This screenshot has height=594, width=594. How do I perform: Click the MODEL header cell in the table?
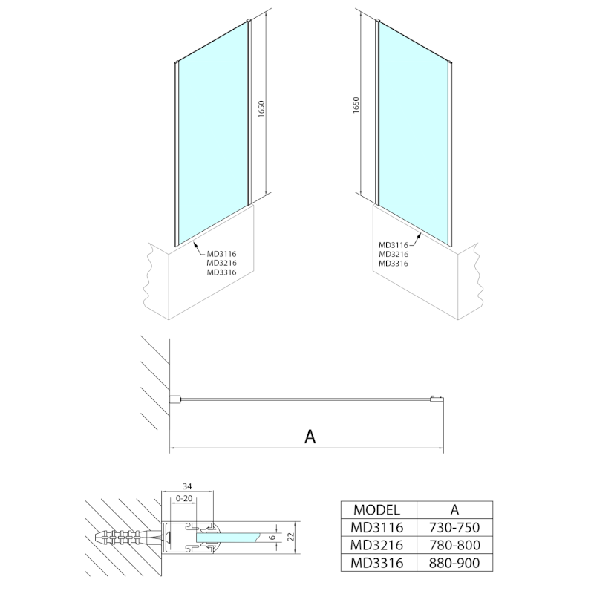tap(377, 509)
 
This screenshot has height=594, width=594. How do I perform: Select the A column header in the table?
tap(454, 509)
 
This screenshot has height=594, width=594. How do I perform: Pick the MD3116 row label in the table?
tap(377, 527)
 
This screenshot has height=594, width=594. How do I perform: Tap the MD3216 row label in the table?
tap(377, 545)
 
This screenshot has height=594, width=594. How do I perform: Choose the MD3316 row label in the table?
tap(377, 564)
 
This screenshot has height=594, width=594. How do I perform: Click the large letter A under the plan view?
tap(310, 437)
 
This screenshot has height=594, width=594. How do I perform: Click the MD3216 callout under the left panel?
tap(221, 263)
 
